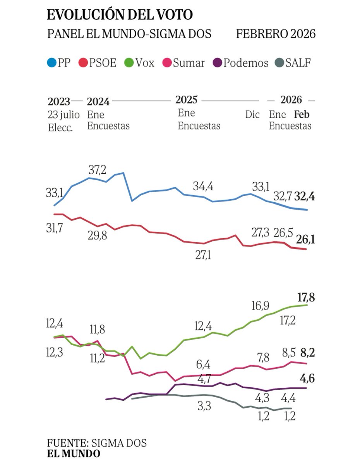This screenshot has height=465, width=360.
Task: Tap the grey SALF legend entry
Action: tap(292, 63)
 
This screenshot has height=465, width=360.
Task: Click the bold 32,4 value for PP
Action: tap(305, 196)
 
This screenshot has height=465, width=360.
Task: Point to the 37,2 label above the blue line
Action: tap(98, 169)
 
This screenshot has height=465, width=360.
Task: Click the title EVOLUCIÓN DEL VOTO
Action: tap(120, 15)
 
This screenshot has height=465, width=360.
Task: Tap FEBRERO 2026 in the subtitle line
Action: tap(276, 34)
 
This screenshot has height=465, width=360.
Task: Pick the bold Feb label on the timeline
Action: tap(302, 115)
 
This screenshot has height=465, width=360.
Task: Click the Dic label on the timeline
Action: tap(252, 115)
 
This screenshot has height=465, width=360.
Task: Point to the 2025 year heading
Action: tap(186, 100)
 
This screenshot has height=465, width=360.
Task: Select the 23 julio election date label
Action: tap(64, 115)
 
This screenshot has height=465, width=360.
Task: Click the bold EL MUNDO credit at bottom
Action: tap(74, 453)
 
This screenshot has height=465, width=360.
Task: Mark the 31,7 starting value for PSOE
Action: tap(54, 229)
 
